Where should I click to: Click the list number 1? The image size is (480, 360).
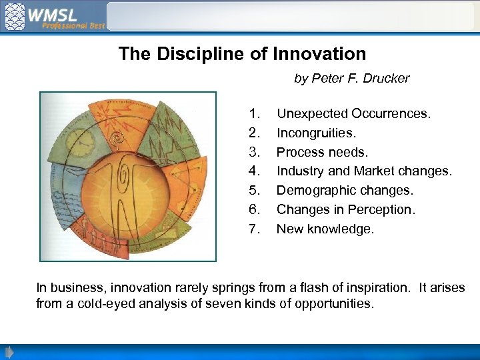coord(253,114)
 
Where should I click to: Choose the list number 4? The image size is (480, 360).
coord(253,171)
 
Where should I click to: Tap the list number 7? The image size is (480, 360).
coord(253,229)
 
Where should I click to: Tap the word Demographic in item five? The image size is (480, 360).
coord(316,191)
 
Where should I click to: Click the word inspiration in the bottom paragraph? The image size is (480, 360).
coord(375,288)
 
